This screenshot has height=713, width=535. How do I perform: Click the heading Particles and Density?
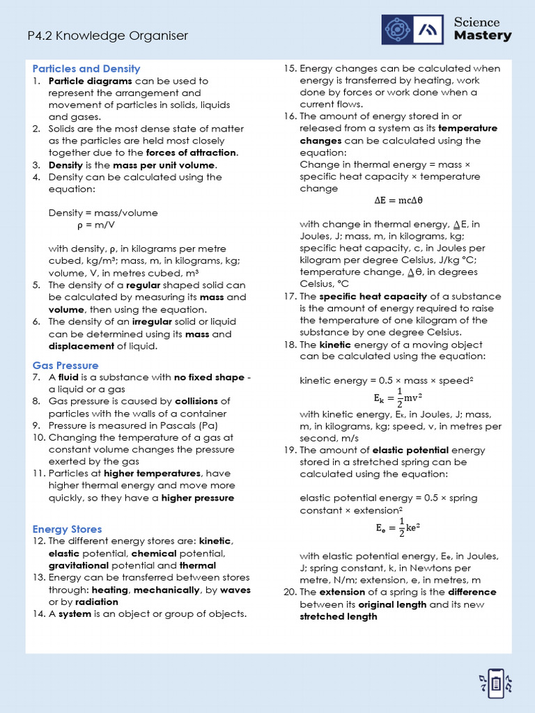[86, 68]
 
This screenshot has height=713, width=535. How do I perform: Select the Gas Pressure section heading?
[65, 365]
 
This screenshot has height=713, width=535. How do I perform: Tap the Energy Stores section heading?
[67, 529]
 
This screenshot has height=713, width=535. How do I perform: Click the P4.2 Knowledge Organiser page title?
[107, 36]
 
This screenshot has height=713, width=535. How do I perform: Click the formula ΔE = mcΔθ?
[398, 201]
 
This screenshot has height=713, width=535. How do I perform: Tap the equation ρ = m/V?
[96, 225]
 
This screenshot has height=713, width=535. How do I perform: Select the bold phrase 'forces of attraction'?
[192, 152]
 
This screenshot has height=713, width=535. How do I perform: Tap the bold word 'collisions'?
[196, 401]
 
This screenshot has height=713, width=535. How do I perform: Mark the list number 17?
[290, 296]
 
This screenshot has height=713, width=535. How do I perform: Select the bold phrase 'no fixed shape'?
[209, 377]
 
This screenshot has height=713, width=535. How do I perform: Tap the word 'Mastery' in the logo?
[483, 36]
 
